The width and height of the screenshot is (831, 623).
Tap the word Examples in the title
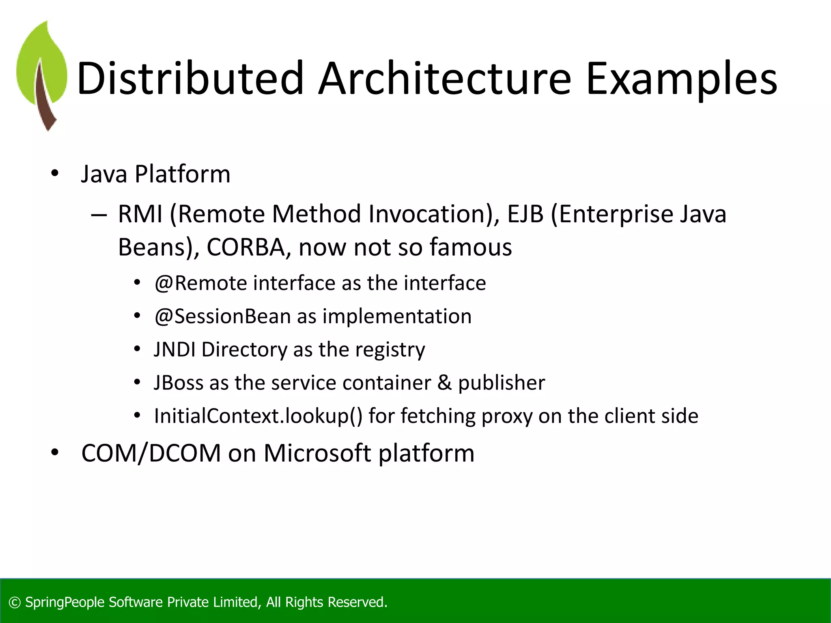[681, 79]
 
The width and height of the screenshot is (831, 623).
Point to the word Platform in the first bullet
[182, 174]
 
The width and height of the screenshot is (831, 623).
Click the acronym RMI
[140, 214]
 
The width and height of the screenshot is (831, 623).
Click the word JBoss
[179, 383]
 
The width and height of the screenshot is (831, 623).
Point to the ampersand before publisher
[444, 383]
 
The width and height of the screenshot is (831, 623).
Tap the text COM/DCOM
[151, 453]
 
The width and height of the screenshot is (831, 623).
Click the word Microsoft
[317, 453]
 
